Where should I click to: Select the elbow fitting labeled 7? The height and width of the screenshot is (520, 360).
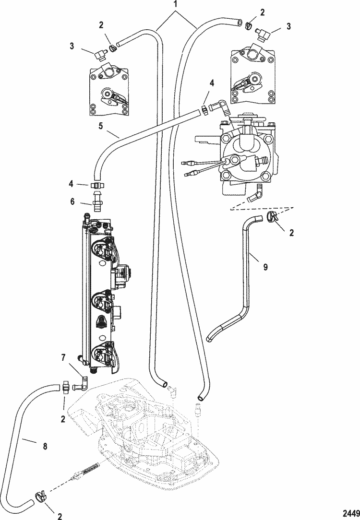pyautogui.click(x=84, y=382)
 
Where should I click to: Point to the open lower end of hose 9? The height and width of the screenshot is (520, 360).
pyautogui.click(x=210, y=338)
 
